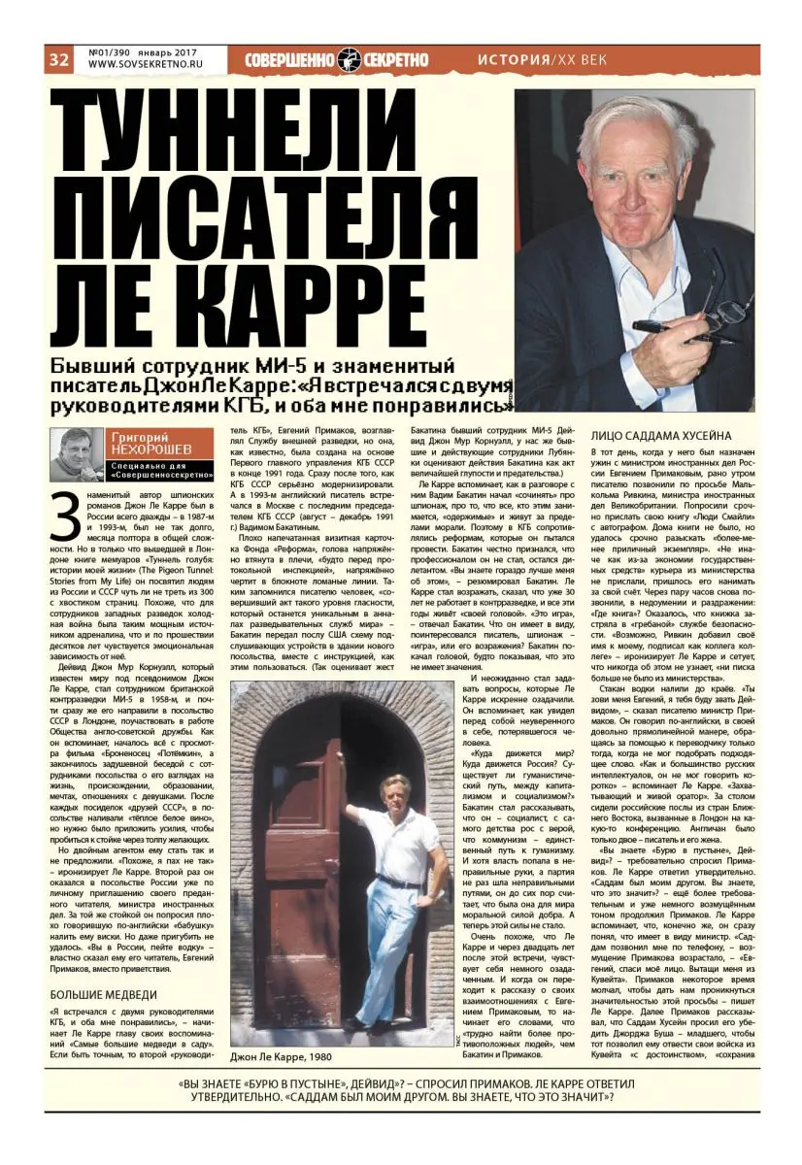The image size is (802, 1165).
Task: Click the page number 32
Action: point(58,59)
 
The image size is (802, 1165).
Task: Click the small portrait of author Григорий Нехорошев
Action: point(76,453)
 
